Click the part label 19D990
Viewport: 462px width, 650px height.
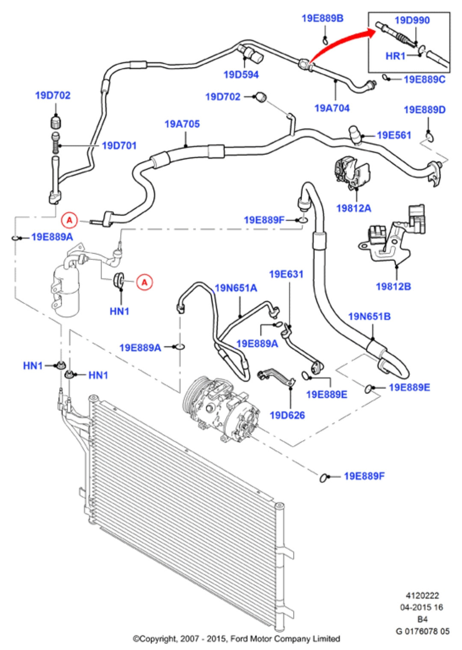pos(412,20)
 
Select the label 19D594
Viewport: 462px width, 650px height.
pos(241,74)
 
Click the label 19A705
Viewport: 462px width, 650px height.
pos(182,124)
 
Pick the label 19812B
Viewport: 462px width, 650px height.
pos(393,286)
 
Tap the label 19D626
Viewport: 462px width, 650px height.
pos(287,415)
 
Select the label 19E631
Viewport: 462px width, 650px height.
pos(286,274)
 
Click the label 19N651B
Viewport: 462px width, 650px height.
pos(369,316)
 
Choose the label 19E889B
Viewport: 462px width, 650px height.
pos(322,18)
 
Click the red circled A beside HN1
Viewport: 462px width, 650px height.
pos(145,282)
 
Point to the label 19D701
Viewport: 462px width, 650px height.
pos(119,145)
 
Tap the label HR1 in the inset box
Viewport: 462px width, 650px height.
pos(395,56)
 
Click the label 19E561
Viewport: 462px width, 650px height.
pos(394,135)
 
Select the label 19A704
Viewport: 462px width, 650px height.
pos(332,108)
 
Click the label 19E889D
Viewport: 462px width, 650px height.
pos(424,110)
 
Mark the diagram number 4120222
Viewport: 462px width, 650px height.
pos(422,595)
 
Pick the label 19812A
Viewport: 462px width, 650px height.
pos(353,208)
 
